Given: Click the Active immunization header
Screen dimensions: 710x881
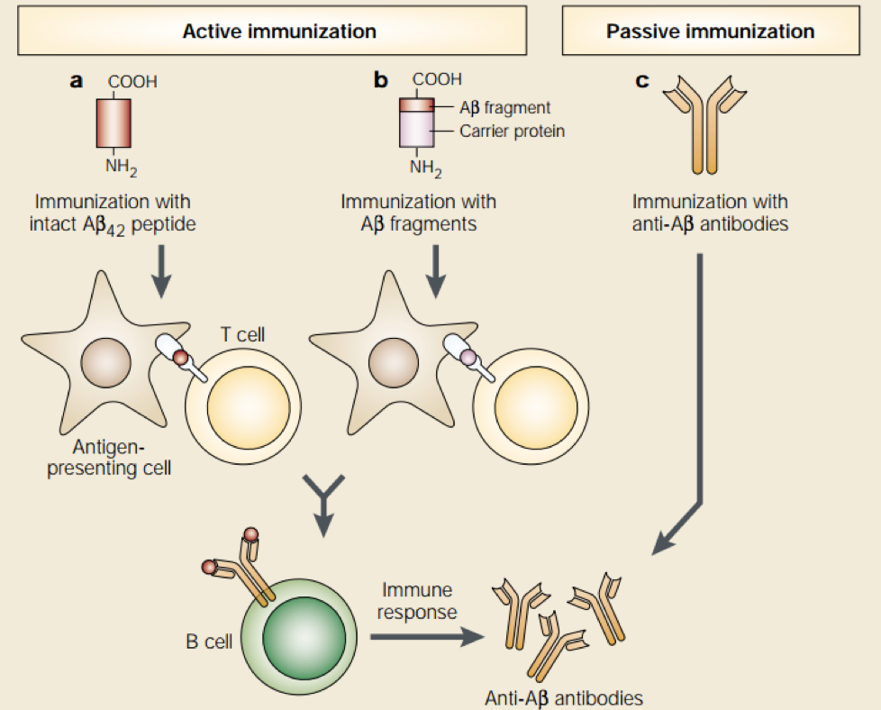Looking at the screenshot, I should (279, 32).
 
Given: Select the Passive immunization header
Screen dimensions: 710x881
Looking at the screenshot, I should (710, 32).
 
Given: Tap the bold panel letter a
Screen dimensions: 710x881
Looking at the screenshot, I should (77, 81).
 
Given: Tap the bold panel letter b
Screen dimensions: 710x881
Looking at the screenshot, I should (381, 81).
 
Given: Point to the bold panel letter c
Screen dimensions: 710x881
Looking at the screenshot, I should (642, 81).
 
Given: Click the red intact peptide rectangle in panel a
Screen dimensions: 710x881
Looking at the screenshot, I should (114, 123).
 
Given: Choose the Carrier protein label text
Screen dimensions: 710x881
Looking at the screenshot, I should (512, 132).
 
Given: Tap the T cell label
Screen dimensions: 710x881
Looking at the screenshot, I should (243, 335).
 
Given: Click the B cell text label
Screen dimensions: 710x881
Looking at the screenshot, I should (209, 642).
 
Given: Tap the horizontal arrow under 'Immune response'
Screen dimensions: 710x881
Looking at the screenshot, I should (423, 636).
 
